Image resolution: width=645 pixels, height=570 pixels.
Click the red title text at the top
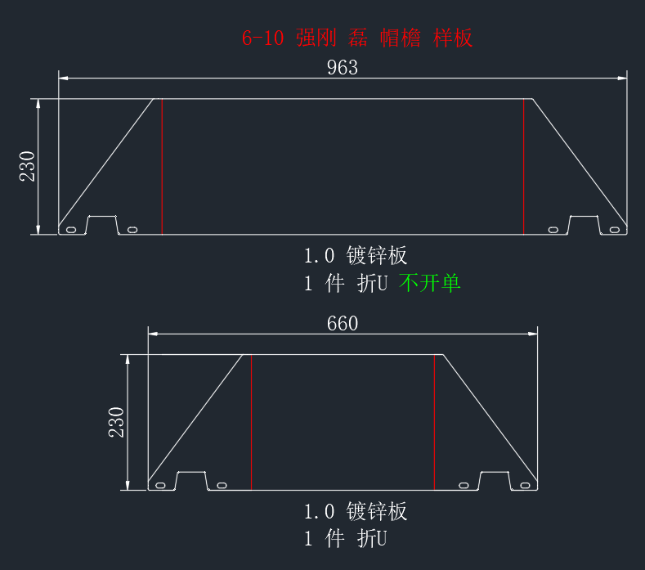click(357, 38)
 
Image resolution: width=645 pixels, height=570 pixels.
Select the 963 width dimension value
click(343, 68)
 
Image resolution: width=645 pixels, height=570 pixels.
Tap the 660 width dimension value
click(343, 324)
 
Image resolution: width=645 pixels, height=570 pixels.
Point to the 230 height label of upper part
click(28, 166)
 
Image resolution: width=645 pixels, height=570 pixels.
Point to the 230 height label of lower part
click(116, 422)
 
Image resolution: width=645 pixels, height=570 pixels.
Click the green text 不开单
click(429, 283)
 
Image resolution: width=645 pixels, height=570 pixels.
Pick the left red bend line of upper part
click(162, 167)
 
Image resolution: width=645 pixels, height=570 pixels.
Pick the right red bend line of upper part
click(524, 167)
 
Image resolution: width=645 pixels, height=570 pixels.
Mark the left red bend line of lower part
click(251, 422)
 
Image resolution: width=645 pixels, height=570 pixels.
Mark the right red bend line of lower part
click(434, 422)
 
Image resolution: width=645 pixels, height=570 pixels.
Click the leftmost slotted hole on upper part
click(71, 230)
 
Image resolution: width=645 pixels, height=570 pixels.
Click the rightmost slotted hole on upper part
click(615, 230)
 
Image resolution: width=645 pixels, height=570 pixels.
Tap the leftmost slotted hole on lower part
click(160, 486)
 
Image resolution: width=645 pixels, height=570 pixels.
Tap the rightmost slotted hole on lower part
click(526, 486)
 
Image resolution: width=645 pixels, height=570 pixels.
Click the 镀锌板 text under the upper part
click(376, 256)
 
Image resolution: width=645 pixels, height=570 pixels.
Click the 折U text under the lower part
click(372, 539)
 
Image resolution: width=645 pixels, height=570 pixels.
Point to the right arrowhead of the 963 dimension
click(622, 78)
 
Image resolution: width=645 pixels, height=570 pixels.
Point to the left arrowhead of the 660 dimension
click(153, 334)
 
